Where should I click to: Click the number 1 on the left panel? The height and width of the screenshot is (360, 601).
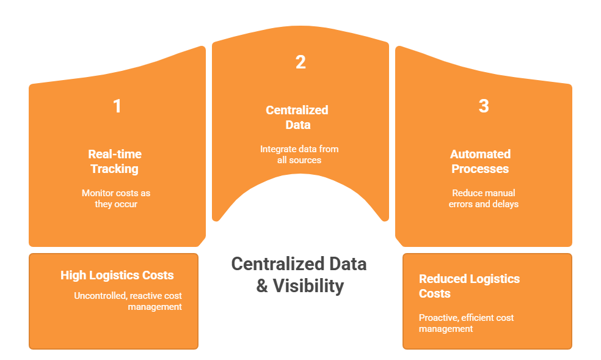117,106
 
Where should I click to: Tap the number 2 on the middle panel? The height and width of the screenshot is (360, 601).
300,62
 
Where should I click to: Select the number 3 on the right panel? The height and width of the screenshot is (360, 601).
483,106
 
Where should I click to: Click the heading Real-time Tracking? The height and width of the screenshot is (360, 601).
115,161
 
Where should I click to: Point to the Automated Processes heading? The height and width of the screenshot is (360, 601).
480,161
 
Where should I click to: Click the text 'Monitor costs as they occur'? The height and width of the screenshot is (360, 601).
116,199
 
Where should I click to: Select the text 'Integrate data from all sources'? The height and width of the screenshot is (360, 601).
299,154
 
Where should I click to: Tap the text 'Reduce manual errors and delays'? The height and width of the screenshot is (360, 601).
483,199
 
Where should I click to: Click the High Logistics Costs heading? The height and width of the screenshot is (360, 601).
117,276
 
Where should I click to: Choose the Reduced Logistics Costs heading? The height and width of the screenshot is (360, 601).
469,286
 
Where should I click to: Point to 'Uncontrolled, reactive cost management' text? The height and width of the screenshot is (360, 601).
128,301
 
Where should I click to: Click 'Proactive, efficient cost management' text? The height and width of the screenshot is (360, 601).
466,323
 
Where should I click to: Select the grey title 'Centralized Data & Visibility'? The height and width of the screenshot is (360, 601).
299,274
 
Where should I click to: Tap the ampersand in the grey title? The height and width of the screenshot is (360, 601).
262,286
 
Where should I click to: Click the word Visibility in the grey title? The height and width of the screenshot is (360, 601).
308,286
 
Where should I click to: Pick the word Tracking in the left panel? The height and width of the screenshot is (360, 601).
115,169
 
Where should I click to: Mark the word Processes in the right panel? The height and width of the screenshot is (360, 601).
480,169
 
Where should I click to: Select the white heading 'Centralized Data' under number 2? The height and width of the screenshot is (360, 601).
297,117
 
